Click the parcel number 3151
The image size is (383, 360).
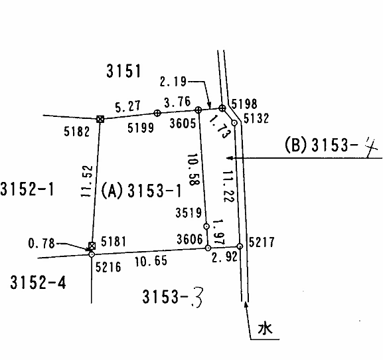tap(123, 70)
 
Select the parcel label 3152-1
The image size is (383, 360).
tap(27, 189)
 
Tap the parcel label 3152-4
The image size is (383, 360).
tap(38, 282)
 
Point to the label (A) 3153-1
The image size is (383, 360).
tap(141, 191)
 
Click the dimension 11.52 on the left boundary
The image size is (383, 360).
tap(87, 181)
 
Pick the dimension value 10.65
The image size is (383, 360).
tap(151, 261)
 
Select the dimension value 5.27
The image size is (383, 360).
tap(127, 106)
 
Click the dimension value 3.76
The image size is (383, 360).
tap(177, 102)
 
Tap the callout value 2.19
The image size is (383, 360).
tap(173, 81)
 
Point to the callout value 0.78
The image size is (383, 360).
tap(42, 243)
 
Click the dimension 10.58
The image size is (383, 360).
tap(194, 169)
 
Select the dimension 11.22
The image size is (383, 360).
tap(228, 186)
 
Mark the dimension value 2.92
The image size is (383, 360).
tap(224, 257)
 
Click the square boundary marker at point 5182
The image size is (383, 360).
tap(100, 120)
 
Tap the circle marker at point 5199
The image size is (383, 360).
tap(157, 113)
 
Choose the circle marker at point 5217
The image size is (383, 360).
tap(240, 246)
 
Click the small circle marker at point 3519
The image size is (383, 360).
tap(206, 226)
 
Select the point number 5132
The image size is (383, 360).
tap(256, 118)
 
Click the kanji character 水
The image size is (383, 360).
tap(265, 328)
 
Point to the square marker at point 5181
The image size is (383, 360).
tap(92, 246)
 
